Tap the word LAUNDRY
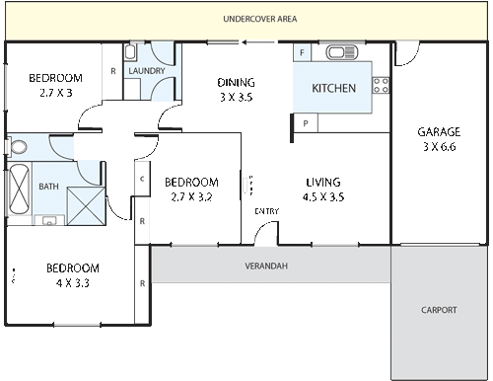click(145, 70)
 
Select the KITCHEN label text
click(333, 89)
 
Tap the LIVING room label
click(322, 182)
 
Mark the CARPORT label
click(440, 310)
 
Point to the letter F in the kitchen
click(302, 51)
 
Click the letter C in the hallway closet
click(143, 179)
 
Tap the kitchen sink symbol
click(341, 53)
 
